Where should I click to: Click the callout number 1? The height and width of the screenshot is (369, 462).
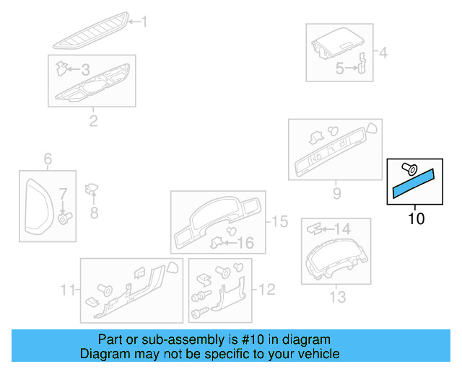[143, 22]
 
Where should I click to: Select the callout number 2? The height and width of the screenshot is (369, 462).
[93, 120]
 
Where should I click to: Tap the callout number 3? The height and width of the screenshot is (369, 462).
[84, 70]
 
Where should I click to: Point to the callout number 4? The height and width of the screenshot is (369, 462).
[383, 53]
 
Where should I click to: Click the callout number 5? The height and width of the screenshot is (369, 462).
[339, 69]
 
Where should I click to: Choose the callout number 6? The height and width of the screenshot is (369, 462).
[48, 159]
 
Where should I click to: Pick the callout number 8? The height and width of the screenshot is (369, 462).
[93, 213]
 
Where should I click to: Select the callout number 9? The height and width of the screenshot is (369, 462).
[337, 194]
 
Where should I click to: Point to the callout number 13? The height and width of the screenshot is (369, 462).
[337, 296]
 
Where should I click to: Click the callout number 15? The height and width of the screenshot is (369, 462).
[279, 221]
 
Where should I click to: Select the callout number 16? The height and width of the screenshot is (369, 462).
[246, 244]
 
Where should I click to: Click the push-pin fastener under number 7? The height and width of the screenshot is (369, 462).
[65, 218]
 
